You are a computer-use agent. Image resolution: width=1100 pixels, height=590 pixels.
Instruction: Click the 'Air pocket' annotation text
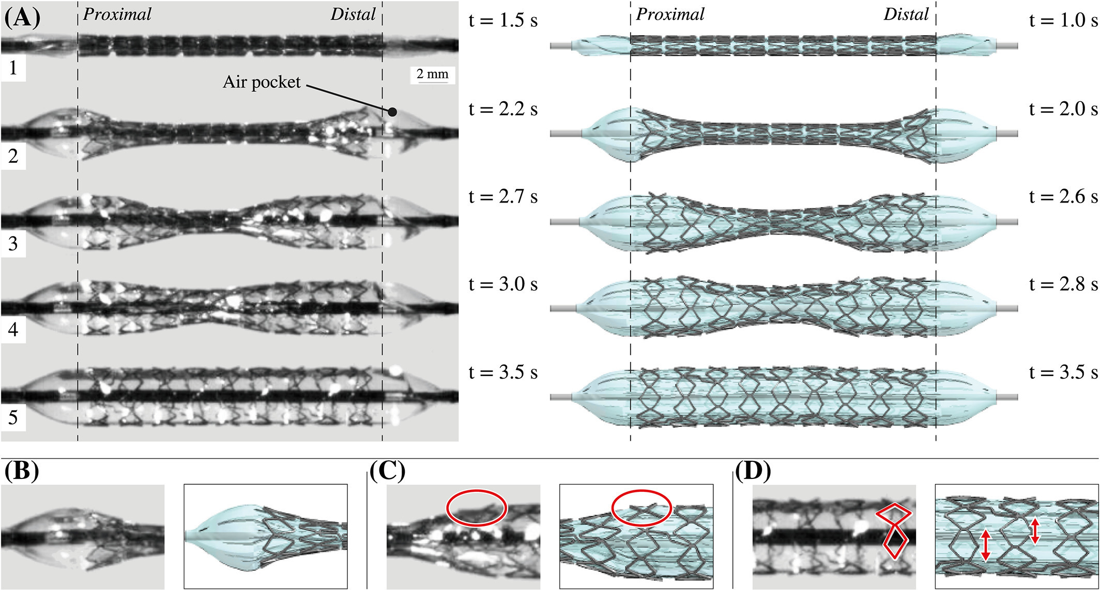262,82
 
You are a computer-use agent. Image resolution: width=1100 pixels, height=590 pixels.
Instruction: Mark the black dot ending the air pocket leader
392,112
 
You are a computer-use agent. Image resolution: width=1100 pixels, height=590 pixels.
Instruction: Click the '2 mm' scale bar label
433,74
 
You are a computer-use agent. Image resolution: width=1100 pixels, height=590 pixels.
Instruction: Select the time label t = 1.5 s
503,20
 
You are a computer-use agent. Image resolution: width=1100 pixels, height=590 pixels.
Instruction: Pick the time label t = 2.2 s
503,109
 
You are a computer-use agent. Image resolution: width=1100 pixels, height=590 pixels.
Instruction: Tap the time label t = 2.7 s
503,197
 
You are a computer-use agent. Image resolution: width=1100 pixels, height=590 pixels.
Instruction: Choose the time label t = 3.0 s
503,285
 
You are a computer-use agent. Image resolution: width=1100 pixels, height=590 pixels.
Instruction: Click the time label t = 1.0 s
1063,20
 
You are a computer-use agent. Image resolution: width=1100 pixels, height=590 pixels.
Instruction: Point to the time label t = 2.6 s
1063,197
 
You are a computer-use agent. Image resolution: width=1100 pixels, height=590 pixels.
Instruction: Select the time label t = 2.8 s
1063,285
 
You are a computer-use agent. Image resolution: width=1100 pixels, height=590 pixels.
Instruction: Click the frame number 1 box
13,69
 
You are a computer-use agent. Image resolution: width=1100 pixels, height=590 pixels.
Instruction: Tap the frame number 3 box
13,243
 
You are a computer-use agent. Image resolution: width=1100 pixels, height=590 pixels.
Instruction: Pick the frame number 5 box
13,417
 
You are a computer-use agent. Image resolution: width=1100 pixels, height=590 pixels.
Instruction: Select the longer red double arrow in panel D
985,545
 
